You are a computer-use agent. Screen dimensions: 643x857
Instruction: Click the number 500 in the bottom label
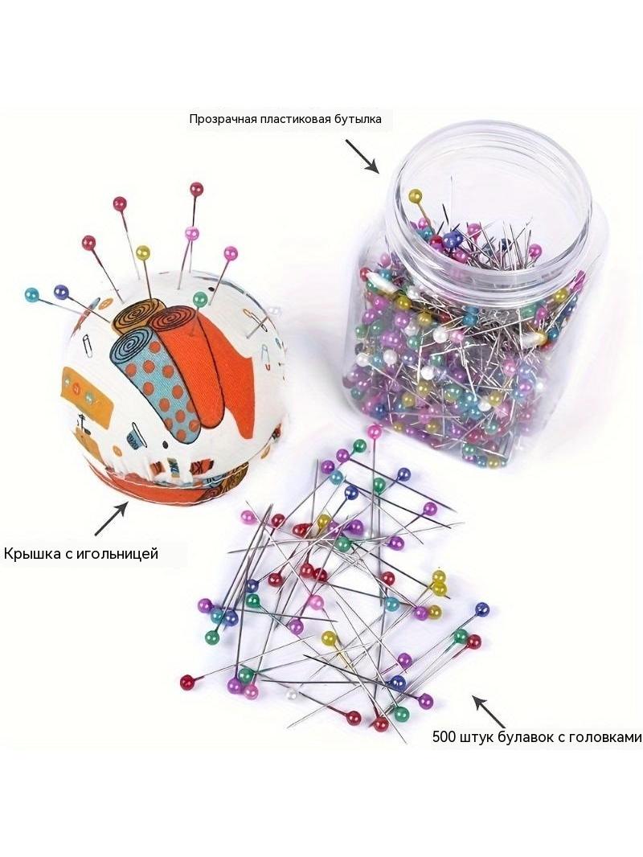click(x=443, y=736)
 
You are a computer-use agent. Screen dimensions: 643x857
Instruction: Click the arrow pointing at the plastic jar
click(x=362, y=156)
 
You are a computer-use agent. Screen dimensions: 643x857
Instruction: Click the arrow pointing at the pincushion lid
click(x=112, y=519)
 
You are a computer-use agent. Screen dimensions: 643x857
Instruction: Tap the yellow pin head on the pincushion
click(x=142, y=252)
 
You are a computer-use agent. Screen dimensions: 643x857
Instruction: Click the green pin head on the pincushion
click(x=200, y=298)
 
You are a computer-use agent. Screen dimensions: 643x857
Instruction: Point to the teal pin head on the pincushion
click(x=31, y=296)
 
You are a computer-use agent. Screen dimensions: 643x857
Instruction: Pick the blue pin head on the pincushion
click(x=60, y=292)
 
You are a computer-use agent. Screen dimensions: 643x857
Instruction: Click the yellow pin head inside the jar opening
click(x=416, y=195)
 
